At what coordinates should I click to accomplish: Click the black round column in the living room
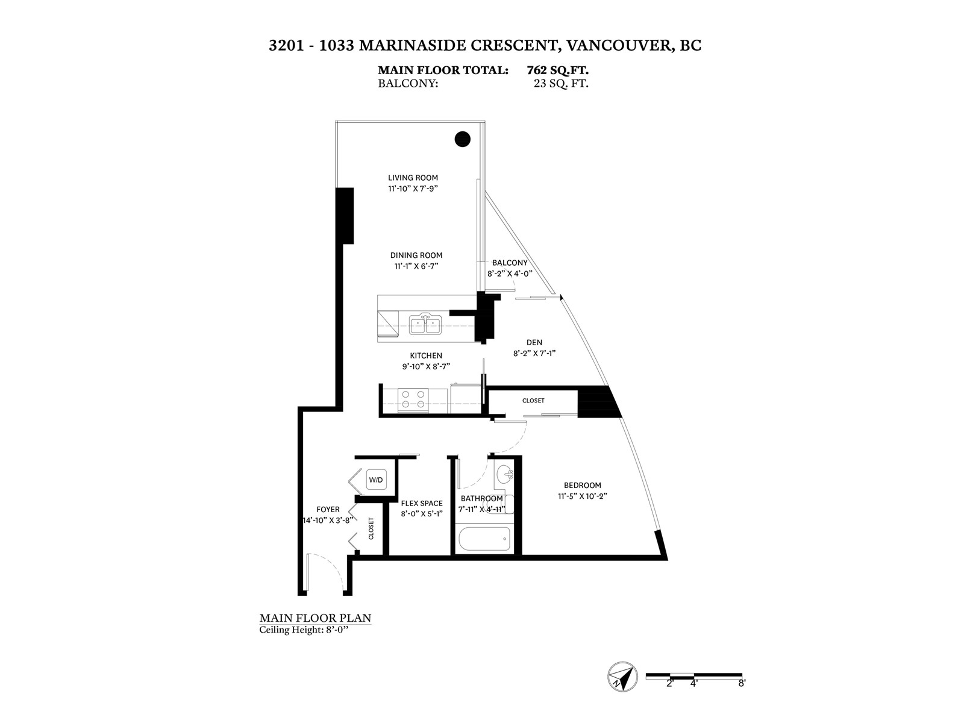462,139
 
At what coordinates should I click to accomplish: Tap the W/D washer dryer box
375,480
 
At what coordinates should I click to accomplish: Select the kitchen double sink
425,324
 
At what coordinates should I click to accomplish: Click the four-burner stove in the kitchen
413,400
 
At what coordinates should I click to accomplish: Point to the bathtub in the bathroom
484,538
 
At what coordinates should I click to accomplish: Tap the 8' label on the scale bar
741,696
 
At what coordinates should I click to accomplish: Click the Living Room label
413,178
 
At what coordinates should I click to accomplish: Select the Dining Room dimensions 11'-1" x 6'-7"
416,266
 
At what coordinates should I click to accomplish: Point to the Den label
534,342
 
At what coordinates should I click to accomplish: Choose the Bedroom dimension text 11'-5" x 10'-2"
583,496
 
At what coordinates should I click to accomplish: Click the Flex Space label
422,503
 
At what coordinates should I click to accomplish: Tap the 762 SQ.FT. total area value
558,70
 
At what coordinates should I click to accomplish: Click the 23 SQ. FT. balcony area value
561,83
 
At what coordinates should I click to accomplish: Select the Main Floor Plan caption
315,618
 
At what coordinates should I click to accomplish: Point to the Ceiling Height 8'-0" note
304,630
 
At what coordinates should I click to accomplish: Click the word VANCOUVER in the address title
619,46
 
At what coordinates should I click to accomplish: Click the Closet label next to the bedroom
533,401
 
